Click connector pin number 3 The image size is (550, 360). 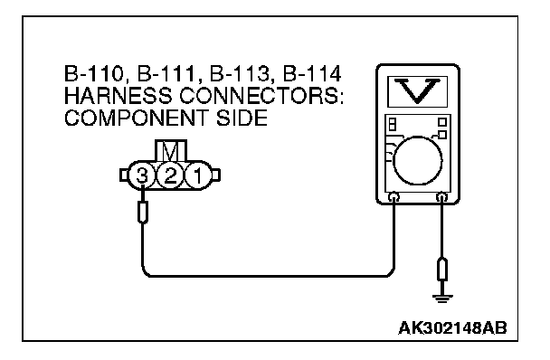coord(141,175)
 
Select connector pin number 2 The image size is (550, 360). coord(170,175)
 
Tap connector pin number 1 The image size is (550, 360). coord(198,175)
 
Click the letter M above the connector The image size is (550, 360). coord(171,152)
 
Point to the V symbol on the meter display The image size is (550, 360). coord(417,90)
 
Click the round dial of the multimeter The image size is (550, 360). coord(417,160)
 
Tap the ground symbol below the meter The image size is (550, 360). coord(442,298)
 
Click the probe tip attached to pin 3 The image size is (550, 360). coord(142,212)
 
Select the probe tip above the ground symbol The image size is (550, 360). coord(442,270)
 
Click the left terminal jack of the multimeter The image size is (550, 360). coord(394,197)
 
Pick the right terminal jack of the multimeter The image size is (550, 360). coord(441,197)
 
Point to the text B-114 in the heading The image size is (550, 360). coord(312,74)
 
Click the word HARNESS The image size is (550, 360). coord(119,96)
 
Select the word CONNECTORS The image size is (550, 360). coord(261,96)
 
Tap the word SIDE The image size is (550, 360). coord(242,118)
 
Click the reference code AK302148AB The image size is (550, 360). coord(453,328)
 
